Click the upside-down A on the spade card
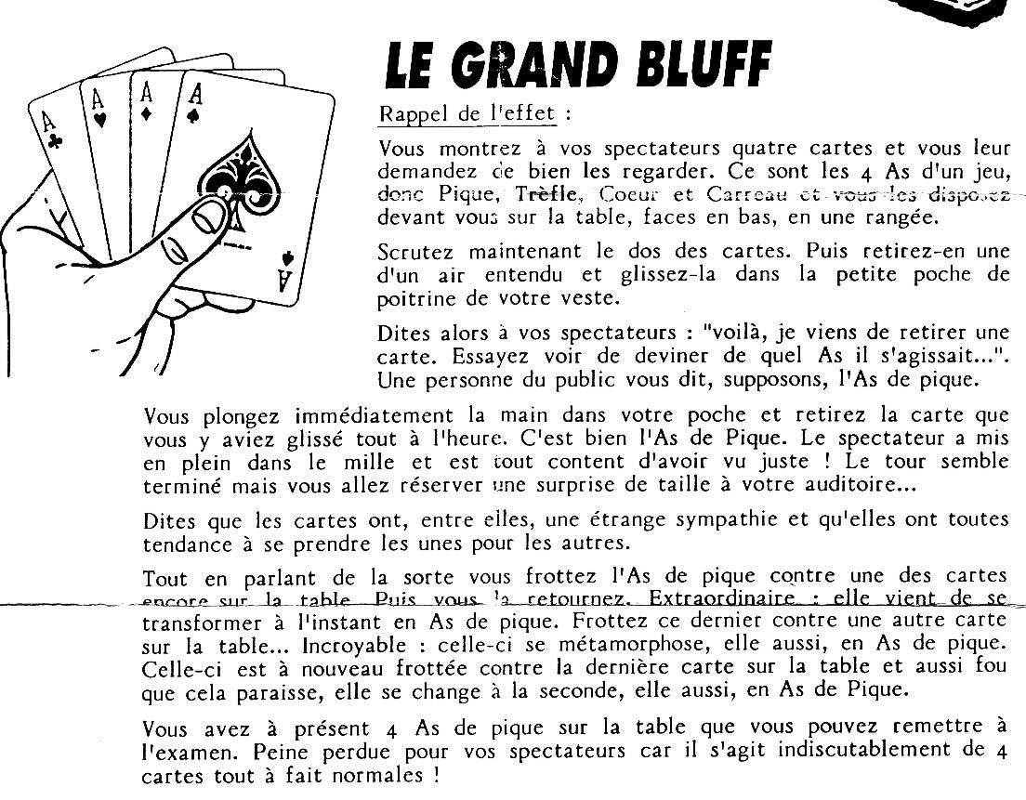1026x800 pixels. point(285,276)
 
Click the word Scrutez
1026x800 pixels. point(414,253)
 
